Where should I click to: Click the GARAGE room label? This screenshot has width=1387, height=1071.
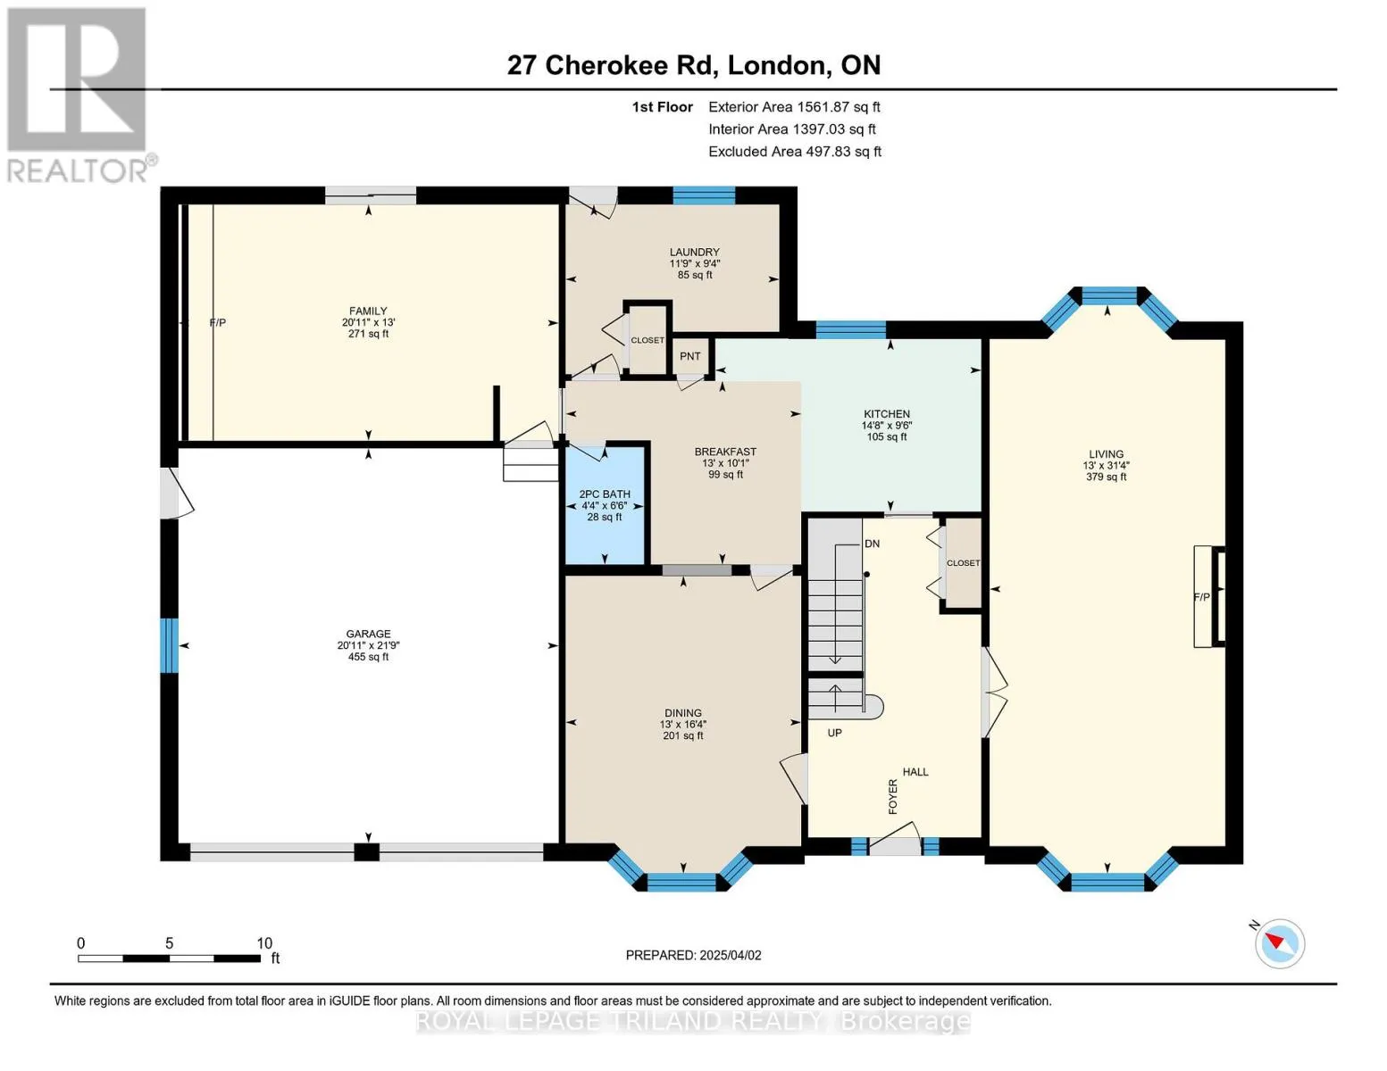(x=368, y=634)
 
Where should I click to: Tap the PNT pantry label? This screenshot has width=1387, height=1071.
(x=690, y=356)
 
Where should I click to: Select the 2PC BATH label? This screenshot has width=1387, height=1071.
(x=605, y=494)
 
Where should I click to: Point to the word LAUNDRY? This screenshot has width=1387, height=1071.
(x=695, y=252)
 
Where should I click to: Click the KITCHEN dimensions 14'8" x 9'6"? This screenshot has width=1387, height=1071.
(x=887, y=426)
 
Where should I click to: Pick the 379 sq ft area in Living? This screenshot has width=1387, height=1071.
(x=1107, y=477)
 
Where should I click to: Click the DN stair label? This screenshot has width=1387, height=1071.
(x=872, y=544)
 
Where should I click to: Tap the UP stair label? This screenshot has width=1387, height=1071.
(x=834, y=733)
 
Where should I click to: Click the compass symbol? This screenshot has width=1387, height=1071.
(x=1279, y=944)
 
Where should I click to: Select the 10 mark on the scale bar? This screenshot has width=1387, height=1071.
(x=264, y=942)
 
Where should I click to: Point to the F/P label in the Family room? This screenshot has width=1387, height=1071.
(x=218, y=323)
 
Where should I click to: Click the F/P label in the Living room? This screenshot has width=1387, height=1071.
(x=1201, y=597)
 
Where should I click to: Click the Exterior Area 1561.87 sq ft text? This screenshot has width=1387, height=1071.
(x=794, y=107)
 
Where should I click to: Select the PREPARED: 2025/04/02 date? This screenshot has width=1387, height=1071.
(x=693, y=955)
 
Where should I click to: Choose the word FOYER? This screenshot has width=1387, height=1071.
(x=893, y=797)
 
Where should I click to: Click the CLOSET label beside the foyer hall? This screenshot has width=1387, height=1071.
(x=963, y=563)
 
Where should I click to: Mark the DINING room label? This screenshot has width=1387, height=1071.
(x=683, y=712)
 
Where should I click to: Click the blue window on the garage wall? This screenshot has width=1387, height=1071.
(x=169, y=645)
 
